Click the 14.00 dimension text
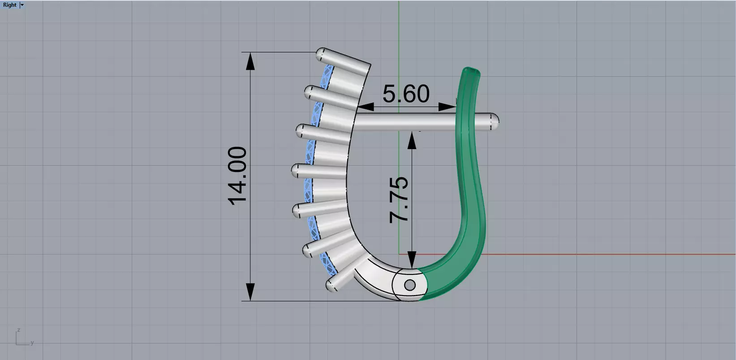pos(237,176)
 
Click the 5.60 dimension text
pos(406,94)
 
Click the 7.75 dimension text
pos(399,200)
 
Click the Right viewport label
pos(9,5)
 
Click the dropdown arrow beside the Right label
pos(22,5)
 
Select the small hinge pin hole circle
pos(409,285)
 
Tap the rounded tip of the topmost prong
pos(321,54)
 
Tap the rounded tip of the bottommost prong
pos(331,285)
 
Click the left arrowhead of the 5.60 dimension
pos(366,107)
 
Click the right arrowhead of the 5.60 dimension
pos(448,107)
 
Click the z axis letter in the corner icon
pos(18,330)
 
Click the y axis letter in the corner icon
pos(32,343)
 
